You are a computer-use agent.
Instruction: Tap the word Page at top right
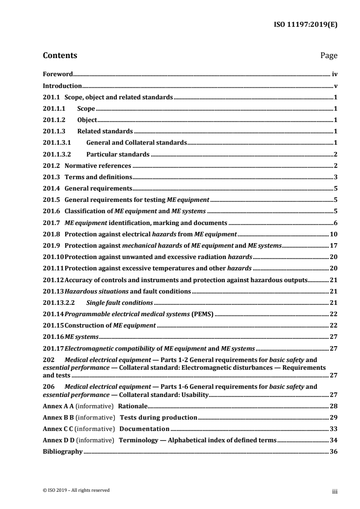[x=329, y=56]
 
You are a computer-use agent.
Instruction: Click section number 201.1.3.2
[x=56, y=154]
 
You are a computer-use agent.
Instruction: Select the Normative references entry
[x=98, y=166]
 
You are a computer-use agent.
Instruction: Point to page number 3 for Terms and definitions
[x=335, y=177]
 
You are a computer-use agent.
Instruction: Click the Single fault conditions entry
[x=120, y=303]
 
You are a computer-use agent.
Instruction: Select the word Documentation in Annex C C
[x=144, y=429]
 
